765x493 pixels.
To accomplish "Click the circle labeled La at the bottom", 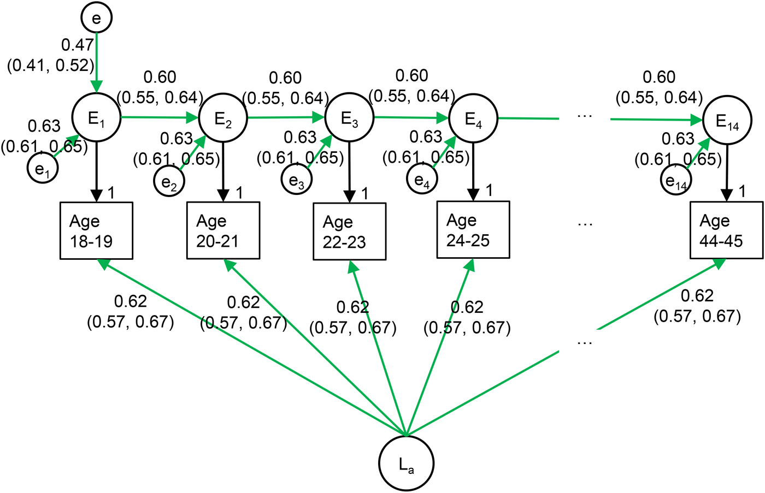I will pyautogui.click(x=406, y=463).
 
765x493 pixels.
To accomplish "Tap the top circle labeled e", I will pyautogui.click(x=96, y=17).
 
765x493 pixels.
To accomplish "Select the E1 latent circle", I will pyautogui.click(x=96, y=118).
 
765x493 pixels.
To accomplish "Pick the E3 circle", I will pyautogui.click(x=349, y=118).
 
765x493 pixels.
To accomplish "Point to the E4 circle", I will pyautogui.click(x=473, y=118).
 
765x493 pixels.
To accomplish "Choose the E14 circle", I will pyautogui.click(x=727, y=121).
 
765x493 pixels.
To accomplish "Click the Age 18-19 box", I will pyautogui.click(x=96, y=230).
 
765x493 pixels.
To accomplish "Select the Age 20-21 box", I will pyautogui.click(x=223, y=230).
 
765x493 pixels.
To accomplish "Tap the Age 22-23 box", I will pyautogui.click(x=349, y=231).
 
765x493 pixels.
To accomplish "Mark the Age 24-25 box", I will pyautogui.click(x=473, y=229).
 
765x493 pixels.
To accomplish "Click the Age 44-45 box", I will pyautogui.click(x=726, y=230).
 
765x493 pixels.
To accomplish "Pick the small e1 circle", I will pyautogui.click(x=43, y=168).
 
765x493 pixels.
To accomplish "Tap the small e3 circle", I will pyautogui.click(x=297, y=180).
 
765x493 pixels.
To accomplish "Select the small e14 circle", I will pyautogui.click(x=676, y=180).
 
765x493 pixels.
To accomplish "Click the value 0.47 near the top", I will pyautogui.click(x=77, y=45).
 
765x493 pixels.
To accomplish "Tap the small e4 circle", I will pyautogui.click(x=422, y=179).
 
